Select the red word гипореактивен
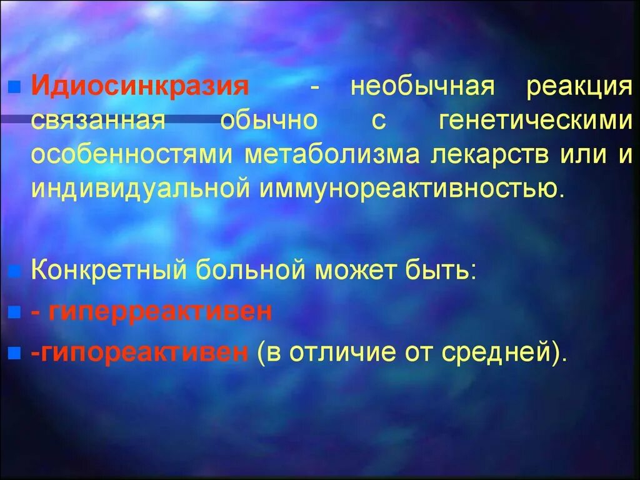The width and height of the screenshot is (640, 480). [x=140, y=352]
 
